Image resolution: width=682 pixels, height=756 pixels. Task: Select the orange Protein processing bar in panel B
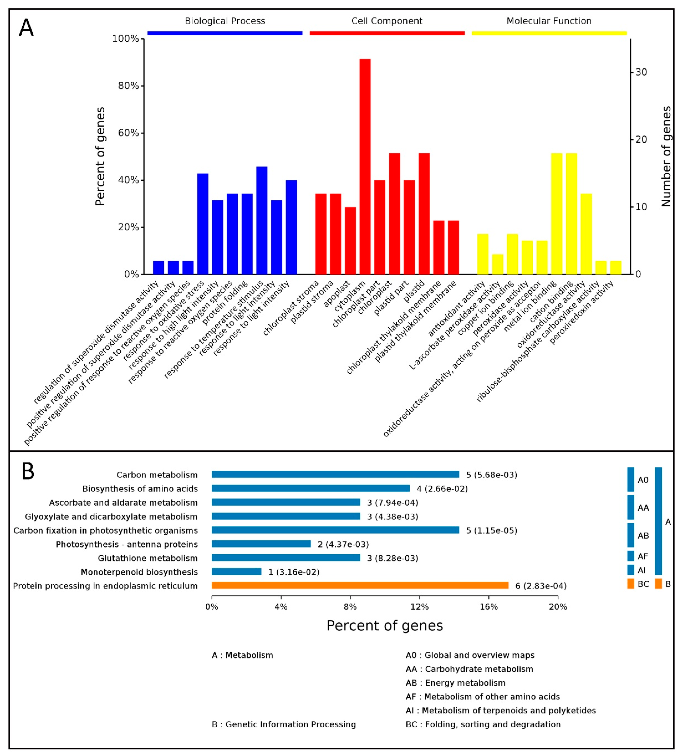point(360,585)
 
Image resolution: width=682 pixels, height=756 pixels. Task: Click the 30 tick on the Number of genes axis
point(641,72)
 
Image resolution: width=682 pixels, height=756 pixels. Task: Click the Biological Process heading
point(225,21)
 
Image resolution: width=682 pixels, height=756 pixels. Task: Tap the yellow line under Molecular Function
point(549,33)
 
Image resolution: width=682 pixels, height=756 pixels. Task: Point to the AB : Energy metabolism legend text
point(455,683)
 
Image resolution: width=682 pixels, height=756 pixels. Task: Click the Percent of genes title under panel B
point(385,626)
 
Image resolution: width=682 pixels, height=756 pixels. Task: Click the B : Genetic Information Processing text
point(284,724)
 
